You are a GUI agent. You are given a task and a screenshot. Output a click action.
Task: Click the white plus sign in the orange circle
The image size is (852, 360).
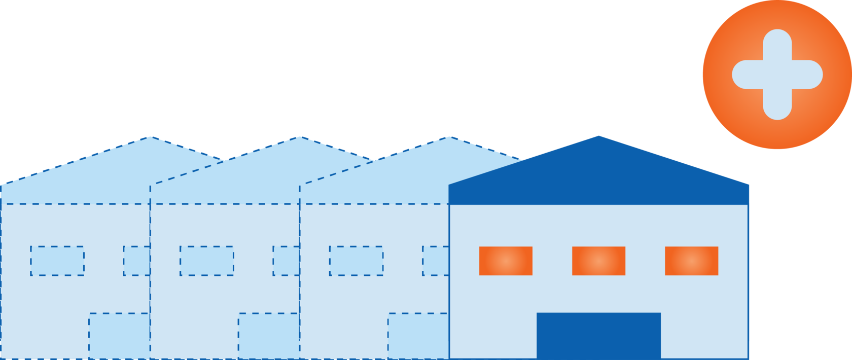[777, 75]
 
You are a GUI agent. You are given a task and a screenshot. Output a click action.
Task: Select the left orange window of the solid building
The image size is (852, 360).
[506, 261]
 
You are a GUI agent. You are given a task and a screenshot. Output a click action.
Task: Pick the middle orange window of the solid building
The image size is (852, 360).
[598, 261]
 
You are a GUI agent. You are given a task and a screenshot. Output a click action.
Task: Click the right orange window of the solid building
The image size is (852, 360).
[691, 261]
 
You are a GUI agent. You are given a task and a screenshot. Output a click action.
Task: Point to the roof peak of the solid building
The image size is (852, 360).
[598, 136]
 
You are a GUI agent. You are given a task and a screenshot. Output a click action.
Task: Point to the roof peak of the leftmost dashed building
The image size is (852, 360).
[151, 137]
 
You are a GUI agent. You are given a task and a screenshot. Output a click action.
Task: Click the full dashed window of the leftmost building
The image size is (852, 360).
[57, 261]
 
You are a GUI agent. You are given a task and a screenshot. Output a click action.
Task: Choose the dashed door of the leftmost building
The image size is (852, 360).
[119, 336]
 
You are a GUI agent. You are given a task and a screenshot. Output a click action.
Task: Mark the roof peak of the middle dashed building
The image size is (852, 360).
[300, 137]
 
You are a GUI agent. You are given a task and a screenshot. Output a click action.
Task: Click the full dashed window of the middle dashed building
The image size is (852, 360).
[206, 261]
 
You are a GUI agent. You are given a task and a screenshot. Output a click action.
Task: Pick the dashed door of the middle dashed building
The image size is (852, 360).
[268, 336]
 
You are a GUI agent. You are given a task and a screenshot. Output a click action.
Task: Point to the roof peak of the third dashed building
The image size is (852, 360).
[450, 137]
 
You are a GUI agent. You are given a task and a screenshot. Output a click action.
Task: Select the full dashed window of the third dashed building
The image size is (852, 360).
[356, 261]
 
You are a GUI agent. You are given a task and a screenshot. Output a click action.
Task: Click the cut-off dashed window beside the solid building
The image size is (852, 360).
[436, 261]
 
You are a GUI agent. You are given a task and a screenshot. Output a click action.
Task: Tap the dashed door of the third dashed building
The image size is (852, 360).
[418, 336]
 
